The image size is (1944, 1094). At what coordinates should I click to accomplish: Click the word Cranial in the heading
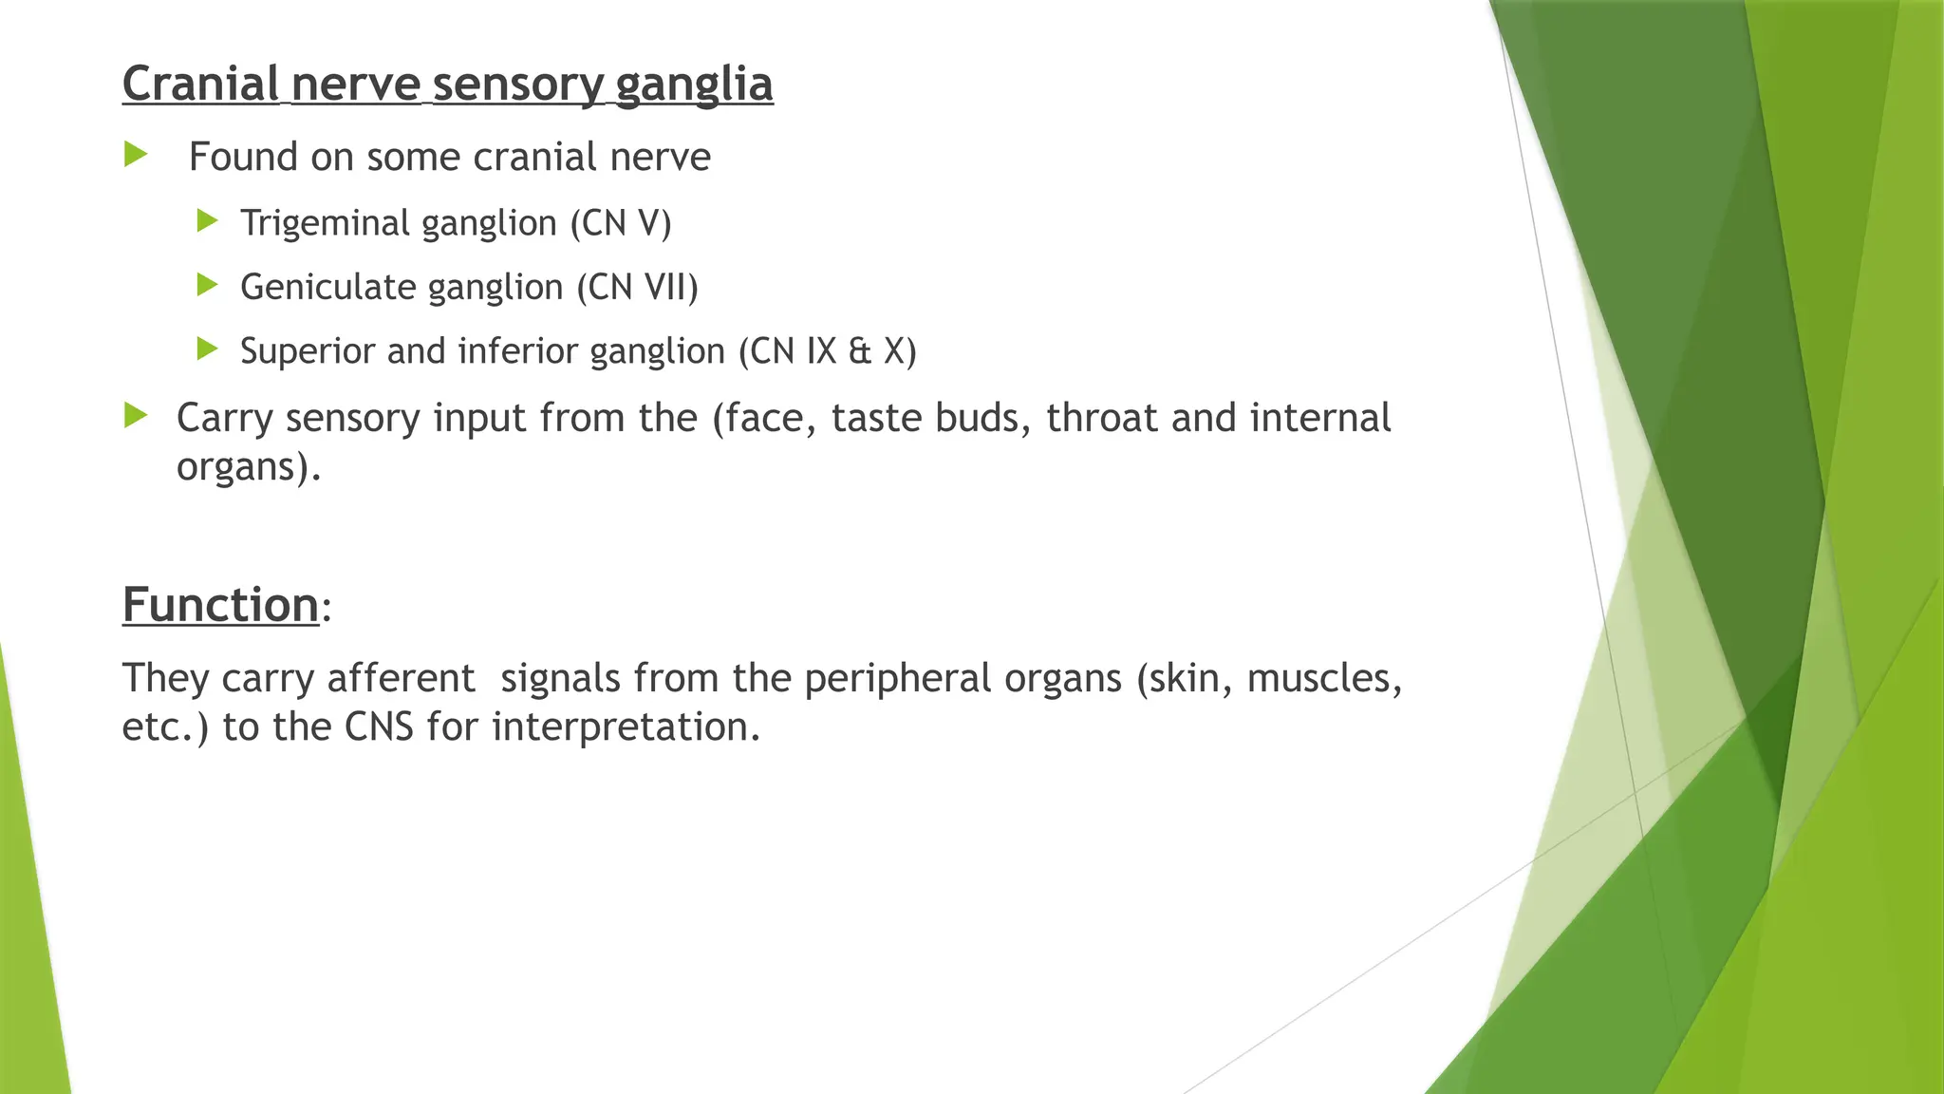[200, 84]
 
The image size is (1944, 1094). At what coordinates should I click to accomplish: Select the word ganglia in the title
[694, 84]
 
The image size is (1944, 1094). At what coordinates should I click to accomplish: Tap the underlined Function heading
[220, 604]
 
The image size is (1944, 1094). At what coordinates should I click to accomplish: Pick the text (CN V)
[621, 223]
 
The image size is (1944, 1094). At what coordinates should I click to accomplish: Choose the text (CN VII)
[637, 287]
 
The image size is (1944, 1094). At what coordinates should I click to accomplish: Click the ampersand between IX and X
[860, 351]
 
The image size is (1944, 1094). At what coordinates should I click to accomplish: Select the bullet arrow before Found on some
[136, 154]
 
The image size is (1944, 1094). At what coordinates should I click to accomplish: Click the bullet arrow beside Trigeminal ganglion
[207, 221]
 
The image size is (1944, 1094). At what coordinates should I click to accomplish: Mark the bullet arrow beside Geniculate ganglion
[207, 284]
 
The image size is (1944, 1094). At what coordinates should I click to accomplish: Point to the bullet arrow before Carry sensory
[136, 415]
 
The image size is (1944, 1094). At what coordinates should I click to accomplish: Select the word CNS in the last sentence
[379, 727]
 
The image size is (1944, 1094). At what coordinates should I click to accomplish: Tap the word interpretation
[626, 727]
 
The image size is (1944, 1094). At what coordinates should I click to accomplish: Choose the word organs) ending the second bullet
[249, 467]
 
